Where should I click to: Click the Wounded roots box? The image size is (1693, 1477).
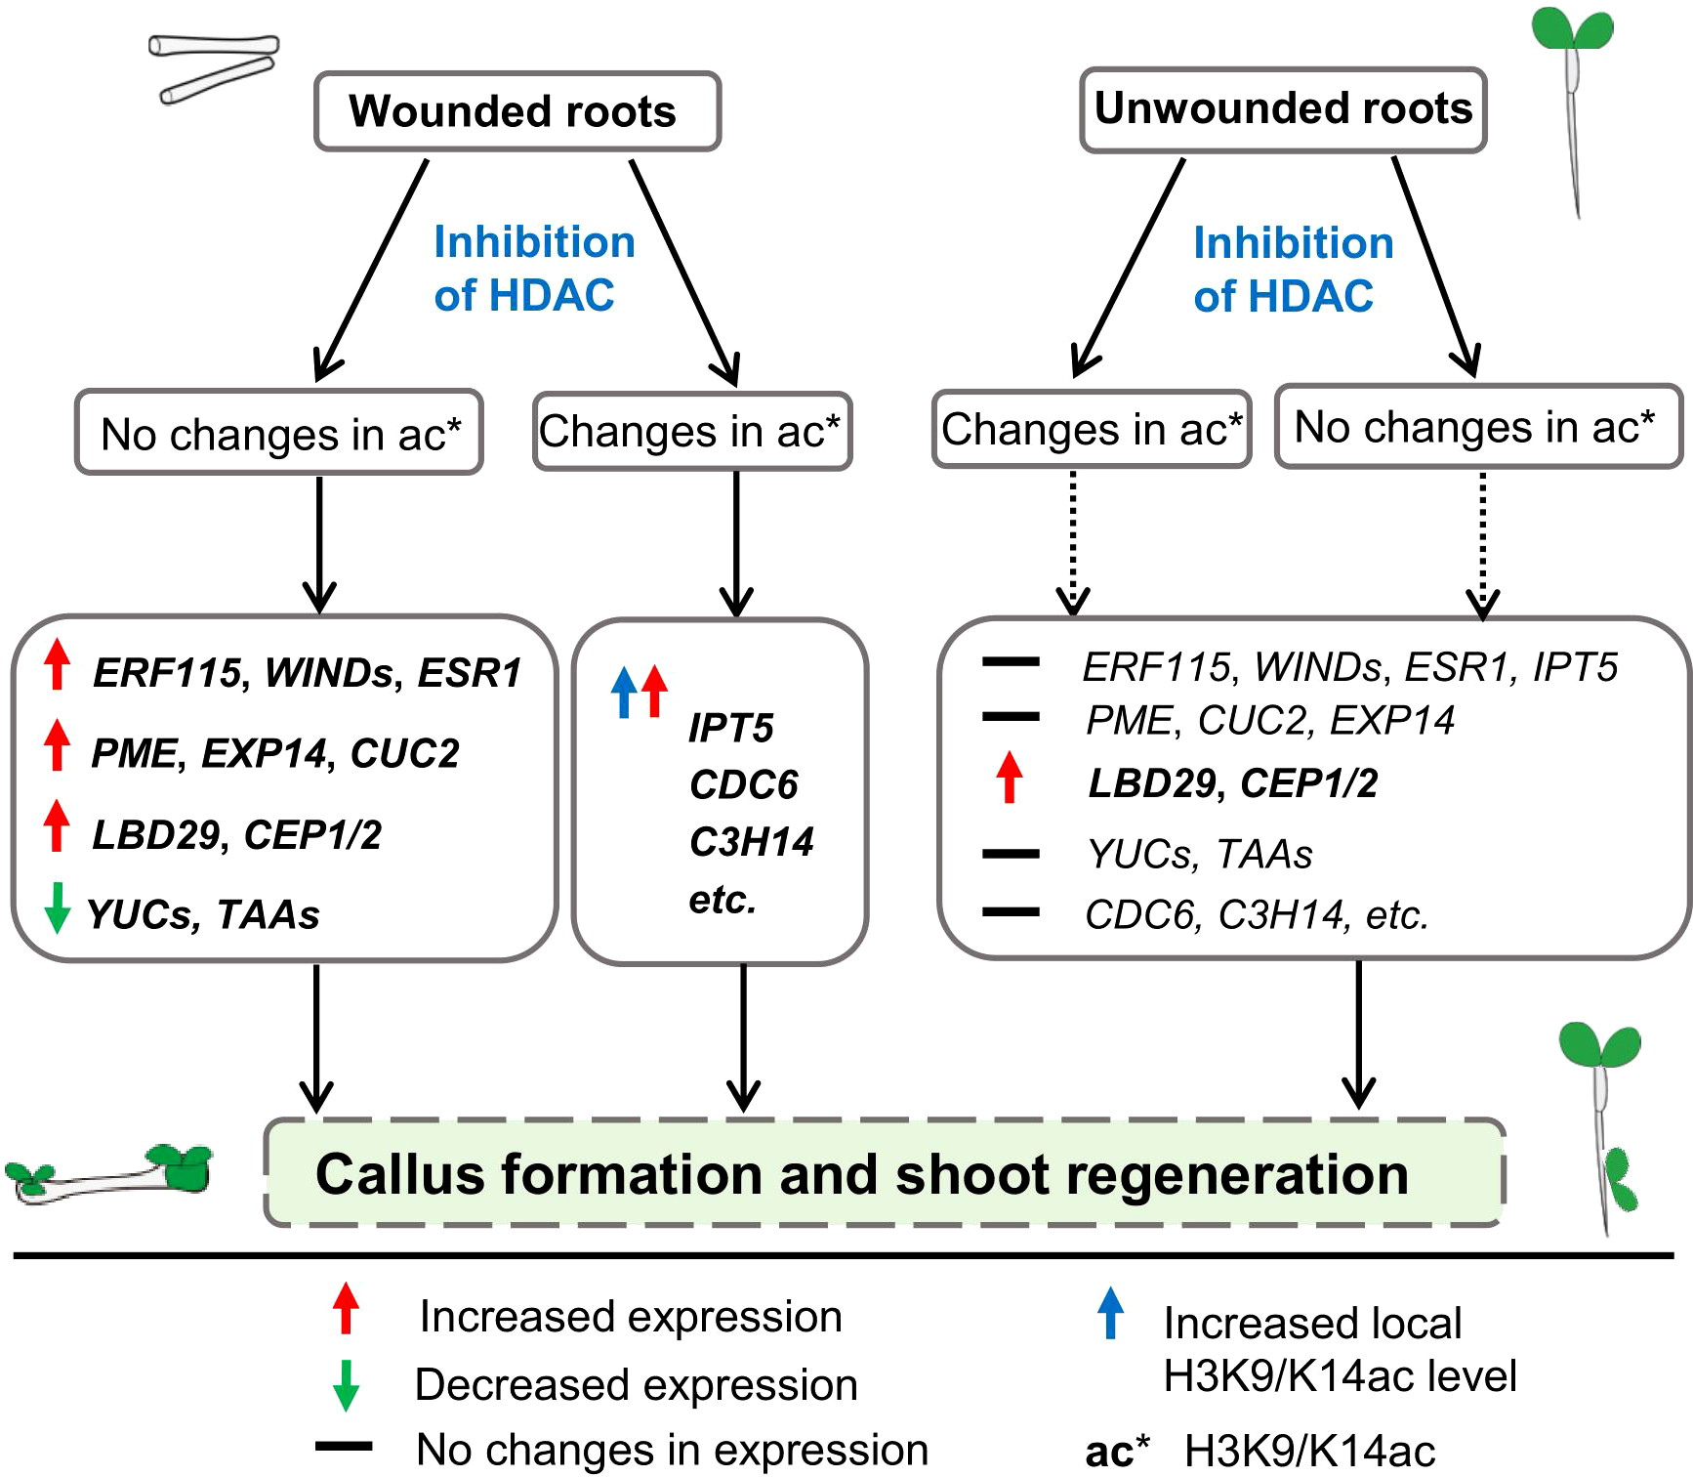[x=516, y=111]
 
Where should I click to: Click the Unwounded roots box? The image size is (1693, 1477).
[x=1282, y=109]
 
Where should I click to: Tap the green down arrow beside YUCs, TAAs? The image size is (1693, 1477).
[x=58, y=907]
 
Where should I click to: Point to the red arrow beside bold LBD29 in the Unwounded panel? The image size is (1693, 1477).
[x=1010, y=779]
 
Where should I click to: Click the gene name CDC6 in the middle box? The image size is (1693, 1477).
[x=743, y=784]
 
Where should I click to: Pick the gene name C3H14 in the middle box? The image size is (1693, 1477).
[x=751, y=841]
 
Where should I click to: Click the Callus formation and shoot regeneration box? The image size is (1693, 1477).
[x=884, y=1172]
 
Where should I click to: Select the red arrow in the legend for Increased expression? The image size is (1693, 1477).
[x=346, y=1309]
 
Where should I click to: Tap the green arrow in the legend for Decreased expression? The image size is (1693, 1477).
[x=346, y=1385]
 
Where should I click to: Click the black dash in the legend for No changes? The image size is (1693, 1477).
[x=344, y=1446]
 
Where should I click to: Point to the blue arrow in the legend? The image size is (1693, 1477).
[x=1110, y=1313]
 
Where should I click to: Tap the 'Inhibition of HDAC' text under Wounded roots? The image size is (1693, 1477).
[x=533, y=269]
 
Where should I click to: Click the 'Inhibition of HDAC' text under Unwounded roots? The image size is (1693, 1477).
[x=1292, y=270]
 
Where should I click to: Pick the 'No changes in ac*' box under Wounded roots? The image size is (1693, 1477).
[x=279, y=433]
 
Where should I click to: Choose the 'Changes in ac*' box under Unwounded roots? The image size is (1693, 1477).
[x=1091, y=430]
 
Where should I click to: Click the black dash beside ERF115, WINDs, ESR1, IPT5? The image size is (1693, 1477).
[x=1011, y=662]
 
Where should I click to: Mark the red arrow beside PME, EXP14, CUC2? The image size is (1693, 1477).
[x=58, y=744]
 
